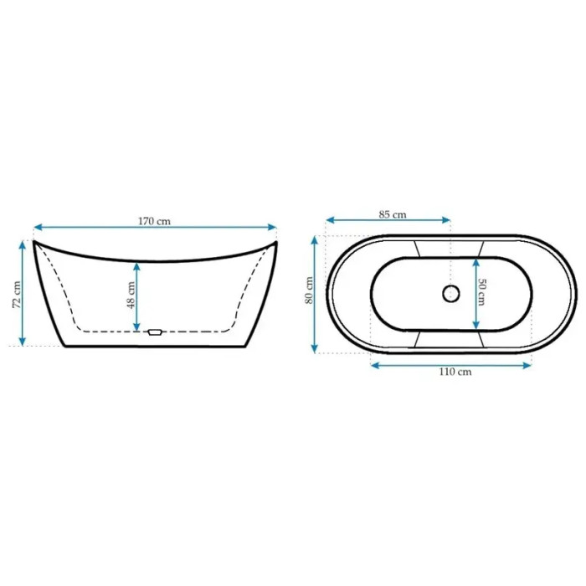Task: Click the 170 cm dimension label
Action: click(x=154, y=221)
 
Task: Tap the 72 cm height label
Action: click(x=17, y=295)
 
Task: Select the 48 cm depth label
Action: click(x=131, y=295)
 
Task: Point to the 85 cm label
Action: click(x=393, y=214)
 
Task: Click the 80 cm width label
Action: click(x=310, y=290)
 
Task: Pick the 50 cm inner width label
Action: click(x=481, y=292)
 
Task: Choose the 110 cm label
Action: click(x=455, y=372)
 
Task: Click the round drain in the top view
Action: click(x=451, y=293)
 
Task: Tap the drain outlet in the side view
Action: click(x=154, y=332)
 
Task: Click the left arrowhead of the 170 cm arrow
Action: click(x=38, y=227)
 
